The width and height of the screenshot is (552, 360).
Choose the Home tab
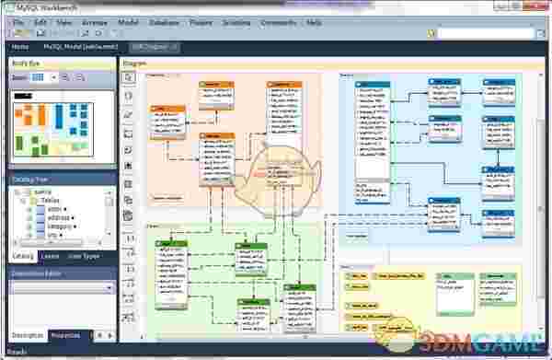click(20, 45)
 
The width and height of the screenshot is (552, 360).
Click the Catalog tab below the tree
click(23, 256)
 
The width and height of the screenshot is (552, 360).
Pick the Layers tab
click(51, 256)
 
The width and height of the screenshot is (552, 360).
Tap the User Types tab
click(84, 256)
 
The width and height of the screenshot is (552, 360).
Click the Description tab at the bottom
click(27, 335)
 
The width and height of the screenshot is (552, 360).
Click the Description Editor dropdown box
click(62, 287)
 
